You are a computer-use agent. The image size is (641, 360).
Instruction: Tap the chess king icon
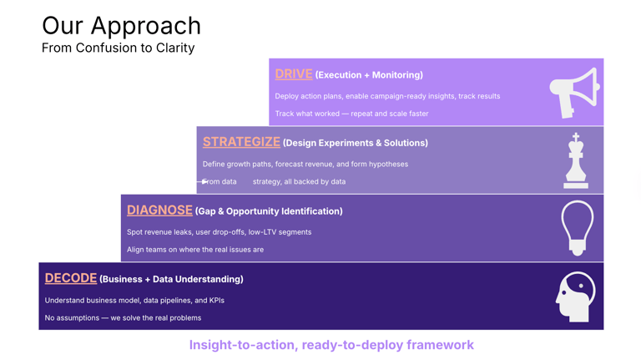point(576,160)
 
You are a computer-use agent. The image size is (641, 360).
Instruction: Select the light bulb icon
point(578,227)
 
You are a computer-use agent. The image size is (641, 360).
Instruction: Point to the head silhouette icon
point(575,297)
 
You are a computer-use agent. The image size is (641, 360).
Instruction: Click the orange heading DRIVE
point(294,74)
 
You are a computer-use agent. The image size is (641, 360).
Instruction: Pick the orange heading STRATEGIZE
point(241,142)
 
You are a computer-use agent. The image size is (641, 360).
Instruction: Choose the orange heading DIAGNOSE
point(159,210)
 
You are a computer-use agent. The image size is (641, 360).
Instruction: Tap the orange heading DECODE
point(71,278)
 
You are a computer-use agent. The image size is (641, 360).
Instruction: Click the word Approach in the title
point(146,26)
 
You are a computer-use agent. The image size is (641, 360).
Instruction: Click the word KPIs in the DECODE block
point(217,300)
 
